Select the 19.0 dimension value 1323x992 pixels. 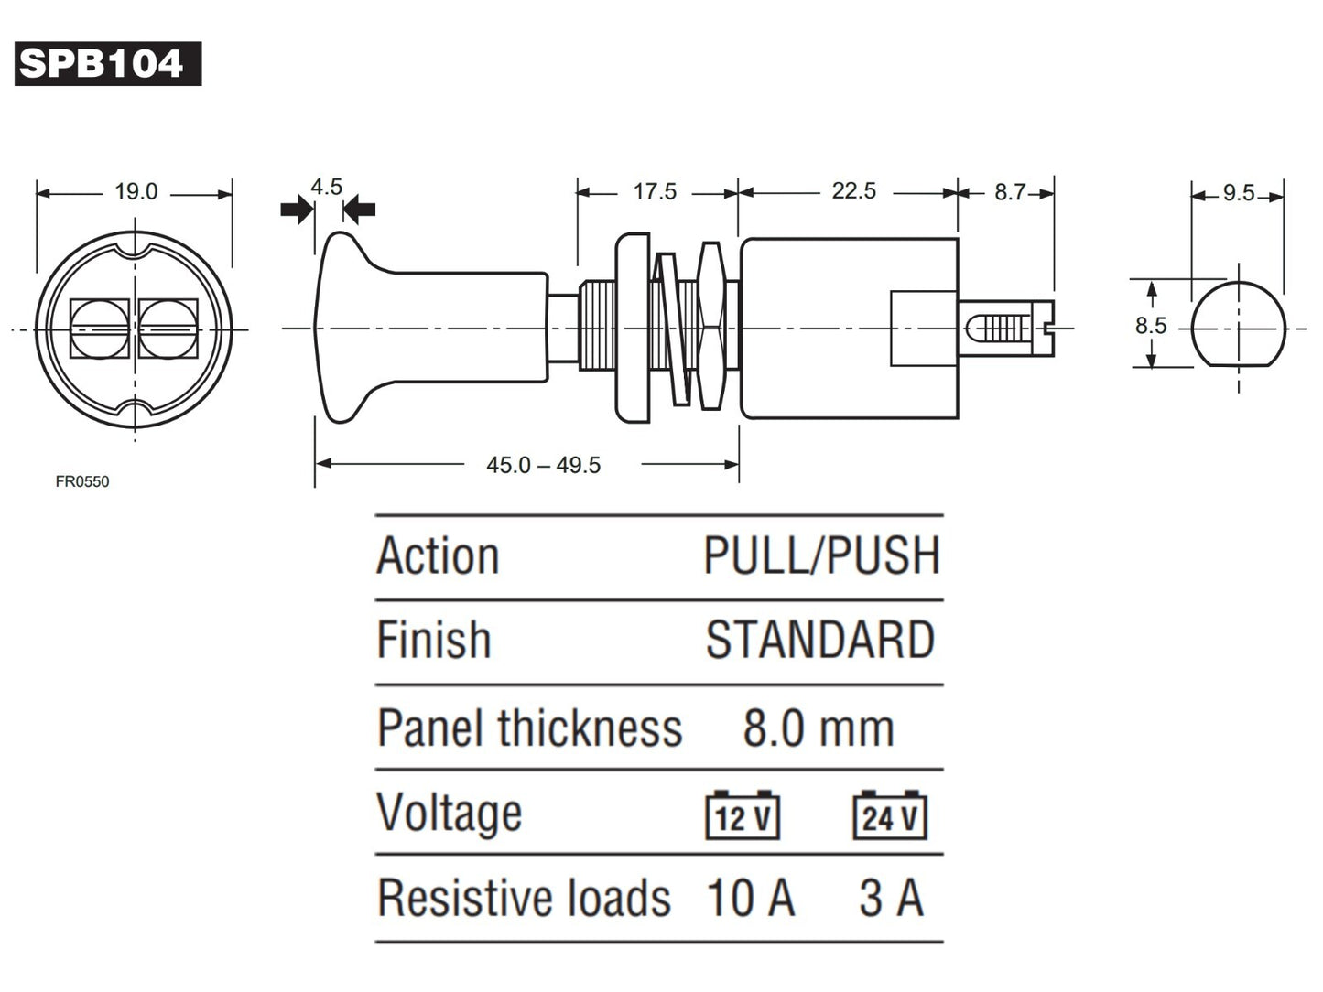(x=136, y=192)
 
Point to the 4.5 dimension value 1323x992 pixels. (x=326, y=188)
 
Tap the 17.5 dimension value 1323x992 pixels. (x=655, y=192)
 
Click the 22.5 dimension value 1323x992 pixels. (x=853, y=191)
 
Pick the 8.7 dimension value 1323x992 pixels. (x=1010, y=192)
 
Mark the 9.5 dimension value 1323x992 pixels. (x=1238, y=193)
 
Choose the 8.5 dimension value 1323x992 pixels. (x=1150, y=326)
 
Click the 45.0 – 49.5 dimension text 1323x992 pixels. (x=543, y=465)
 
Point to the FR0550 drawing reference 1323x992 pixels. (x=82, y=482)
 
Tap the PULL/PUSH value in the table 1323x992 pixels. (x=821, y=555)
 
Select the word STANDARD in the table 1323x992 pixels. (x=819, y=640)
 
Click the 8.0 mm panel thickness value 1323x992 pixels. (x=818, y=728)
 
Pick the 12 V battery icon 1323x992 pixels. (x=743, y=815)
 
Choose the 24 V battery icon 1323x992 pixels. (x=889, y=815)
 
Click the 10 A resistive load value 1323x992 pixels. (x=750, y=898)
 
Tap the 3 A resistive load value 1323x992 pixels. (x=891, y=898)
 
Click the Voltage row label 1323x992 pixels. (x=450, y=813)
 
